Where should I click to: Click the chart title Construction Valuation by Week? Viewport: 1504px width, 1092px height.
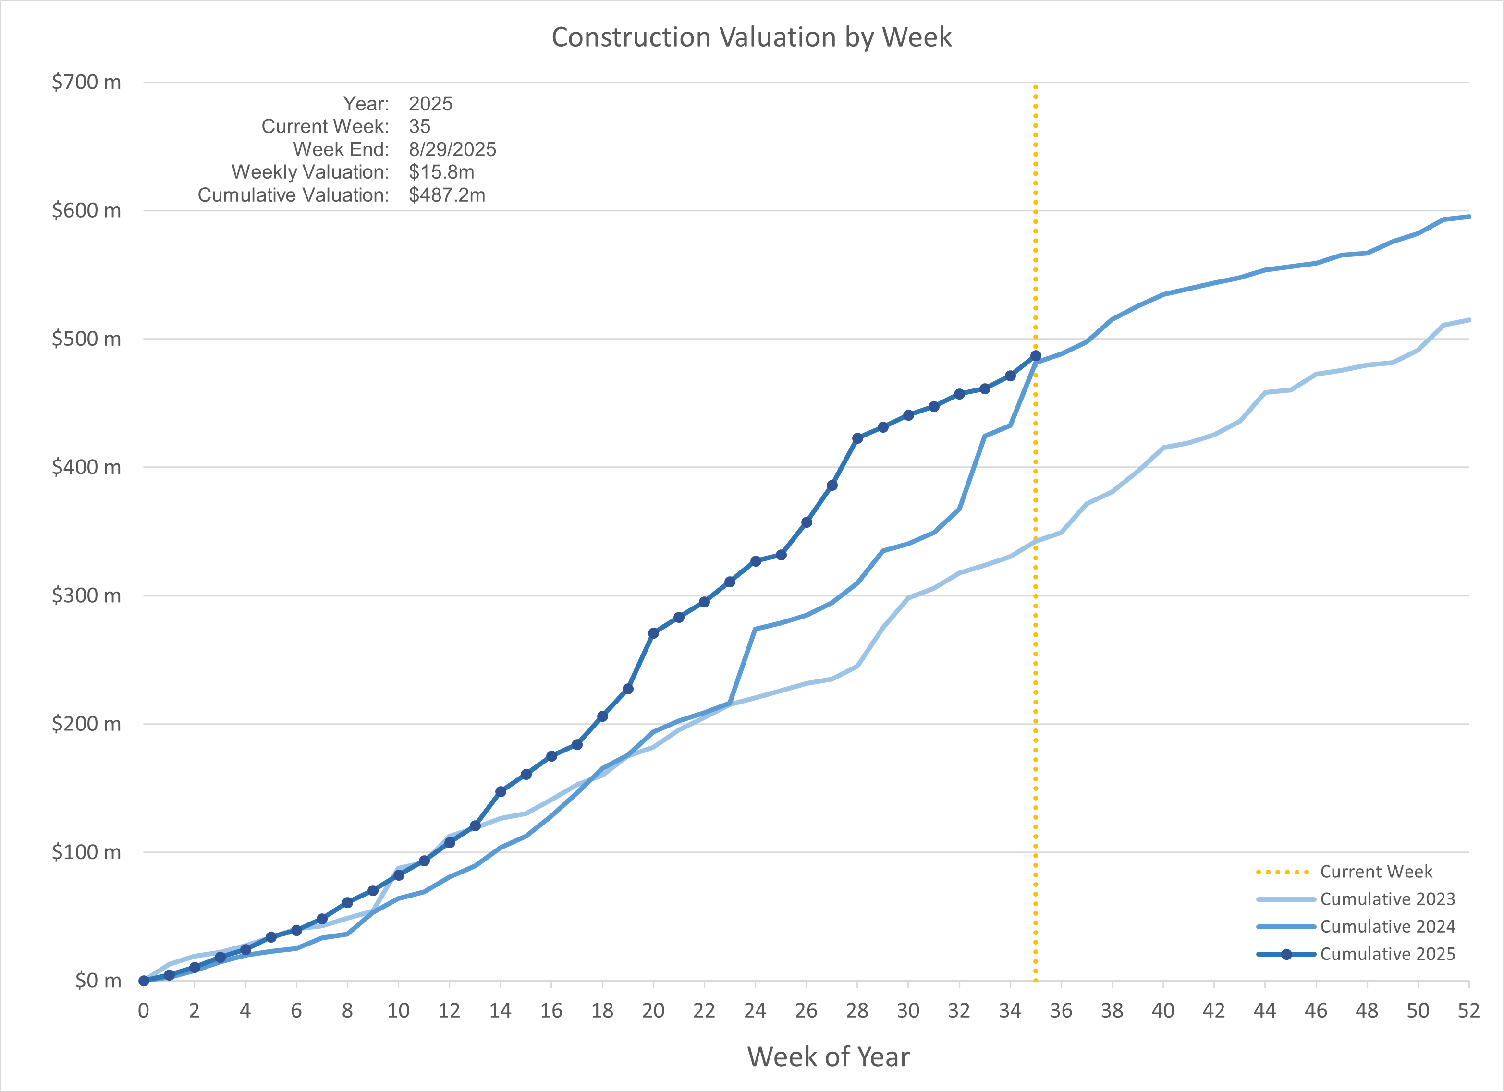(751, 37)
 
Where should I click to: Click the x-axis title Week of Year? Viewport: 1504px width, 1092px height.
(828, 1056)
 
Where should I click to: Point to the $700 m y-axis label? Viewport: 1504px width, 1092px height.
(86, 82)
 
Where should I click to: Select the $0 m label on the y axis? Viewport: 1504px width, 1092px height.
(98, 980)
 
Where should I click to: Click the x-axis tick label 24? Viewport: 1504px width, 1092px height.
(755, 1010)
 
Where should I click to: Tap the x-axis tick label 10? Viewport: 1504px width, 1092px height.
(398, 1010)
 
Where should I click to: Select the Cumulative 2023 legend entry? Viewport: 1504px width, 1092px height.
(1387, 899)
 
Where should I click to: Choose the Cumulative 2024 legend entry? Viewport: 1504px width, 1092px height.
(1387, 926)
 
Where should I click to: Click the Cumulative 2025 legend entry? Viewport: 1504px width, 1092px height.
(1387, 954)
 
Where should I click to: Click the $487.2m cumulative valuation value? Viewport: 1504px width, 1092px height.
(447, 195)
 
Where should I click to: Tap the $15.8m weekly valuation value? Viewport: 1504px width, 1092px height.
(441, 172)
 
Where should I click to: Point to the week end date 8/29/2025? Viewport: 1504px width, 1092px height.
(452, 149)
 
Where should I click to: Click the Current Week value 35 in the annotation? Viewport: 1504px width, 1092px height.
(419, 126)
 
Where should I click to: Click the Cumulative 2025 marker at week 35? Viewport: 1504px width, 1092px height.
(1035, 356)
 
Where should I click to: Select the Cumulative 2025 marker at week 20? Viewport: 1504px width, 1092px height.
(653, 633)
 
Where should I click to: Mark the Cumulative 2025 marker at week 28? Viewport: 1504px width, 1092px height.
(857, 438)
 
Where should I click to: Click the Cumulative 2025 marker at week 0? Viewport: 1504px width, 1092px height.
(143, 981)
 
